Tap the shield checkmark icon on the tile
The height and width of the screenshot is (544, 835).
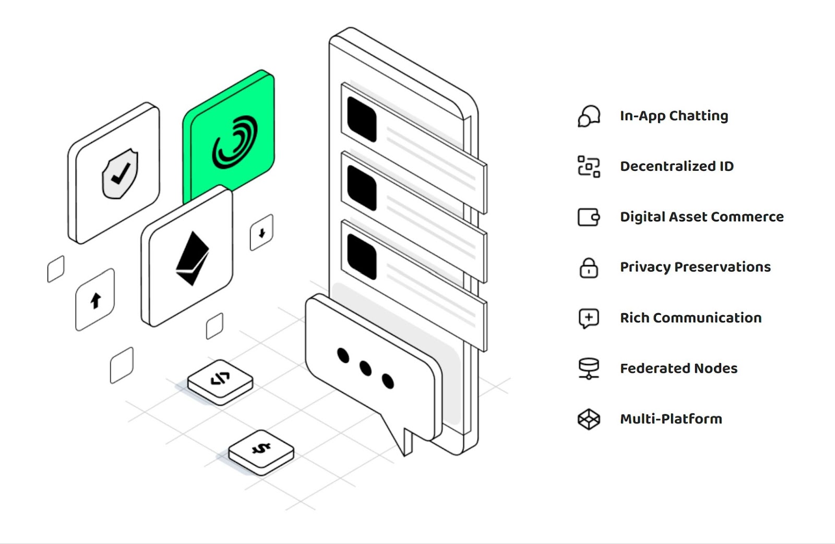pos(120,174)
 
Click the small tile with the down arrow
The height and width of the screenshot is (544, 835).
pos(261,232)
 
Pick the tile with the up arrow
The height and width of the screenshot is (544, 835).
pos(96,300)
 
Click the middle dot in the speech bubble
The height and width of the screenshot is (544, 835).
pos(365,369)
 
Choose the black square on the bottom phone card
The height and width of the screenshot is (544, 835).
pos(362,256)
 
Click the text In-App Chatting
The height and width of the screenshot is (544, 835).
pos(674,116)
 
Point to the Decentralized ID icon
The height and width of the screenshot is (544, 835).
pos(589,167)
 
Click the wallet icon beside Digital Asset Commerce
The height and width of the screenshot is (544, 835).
pos(589,217)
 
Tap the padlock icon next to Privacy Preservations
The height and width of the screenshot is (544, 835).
pos(589,267)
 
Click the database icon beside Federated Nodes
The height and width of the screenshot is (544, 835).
pos(589,368)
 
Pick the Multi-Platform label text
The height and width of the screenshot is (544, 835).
pos(671,419)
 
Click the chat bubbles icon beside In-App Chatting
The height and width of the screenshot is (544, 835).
pos(589,116)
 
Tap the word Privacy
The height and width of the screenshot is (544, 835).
pos(645,267)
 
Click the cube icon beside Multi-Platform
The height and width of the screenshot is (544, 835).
pos(589,419)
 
